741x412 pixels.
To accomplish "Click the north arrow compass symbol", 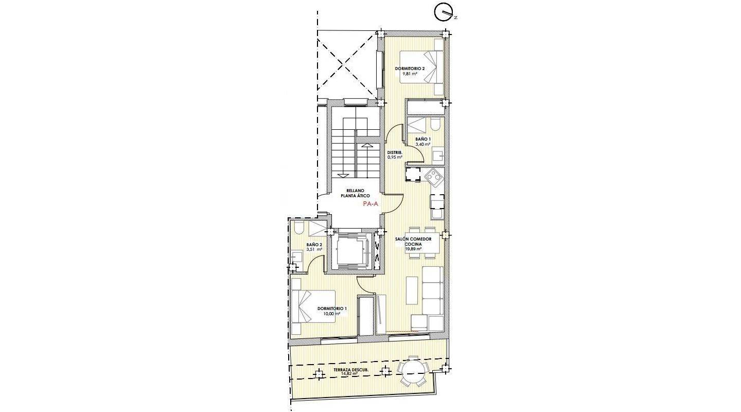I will pos(444,12).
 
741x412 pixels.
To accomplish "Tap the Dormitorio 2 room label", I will pos(410,68).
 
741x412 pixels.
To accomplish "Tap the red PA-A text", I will pos(370,204).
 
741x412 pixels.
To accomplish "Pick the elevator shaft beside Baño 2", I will pos(350,251).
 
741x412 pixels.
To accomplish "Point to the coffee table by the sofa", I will pos(412,290).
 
